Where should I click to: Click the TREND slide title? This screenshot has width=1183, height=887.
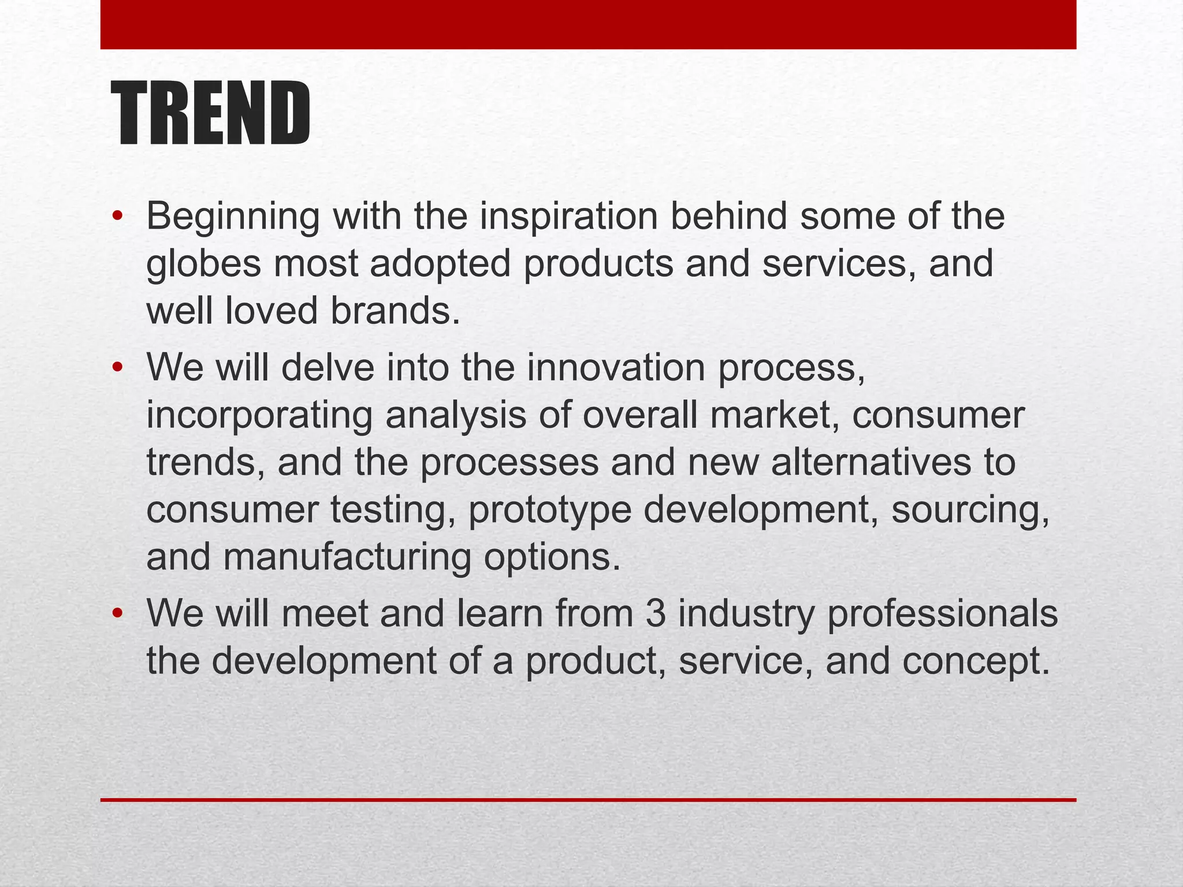(211, 113)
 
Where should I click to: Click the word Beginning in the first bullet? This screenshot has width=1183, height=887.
(232, 217)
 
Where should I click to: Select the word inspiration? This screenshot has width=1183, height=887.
(568, 217)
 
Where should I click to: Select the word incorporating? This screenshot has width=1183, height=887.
(259, 416)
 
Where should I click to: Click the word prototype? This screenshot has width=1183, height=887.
(549, 510)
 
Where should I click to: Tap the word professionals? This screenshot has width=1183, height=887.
(942, 614)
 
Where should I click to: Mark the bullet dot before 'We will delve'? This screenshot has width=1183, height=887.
(118, 368)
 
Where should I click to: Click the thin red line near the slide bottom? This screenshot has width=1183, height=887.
(588, 800)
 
